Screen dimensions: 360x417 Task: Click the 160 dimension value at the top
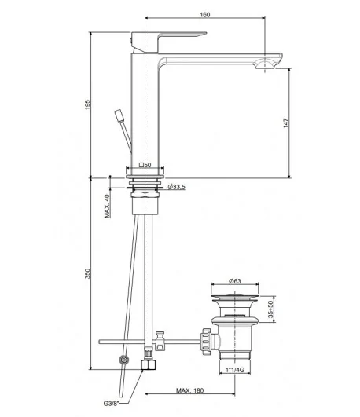[x=205, y=15]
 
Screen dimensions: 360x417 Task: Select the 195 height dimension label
[x=87, y=104]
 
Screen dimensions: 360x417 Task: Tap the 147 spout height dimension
[x=285, y=123]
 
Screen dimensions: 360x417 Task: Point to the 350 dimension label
[x=87, y=273]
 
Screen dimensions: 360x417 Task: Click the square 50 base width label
[x=145, y=165]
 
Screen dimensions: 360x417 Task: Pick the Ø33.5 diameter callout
[x=177, y=187]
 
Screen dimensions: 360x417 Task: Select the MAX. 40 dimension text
[x=107, y=206]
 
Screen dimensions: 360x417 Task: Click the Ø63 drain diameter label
[x=235, y=281]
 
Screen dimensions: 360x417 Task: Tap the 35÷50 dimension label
[x=270, y=309]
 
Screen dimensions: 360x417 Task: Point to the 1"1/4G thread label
[x=235, y=370]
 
